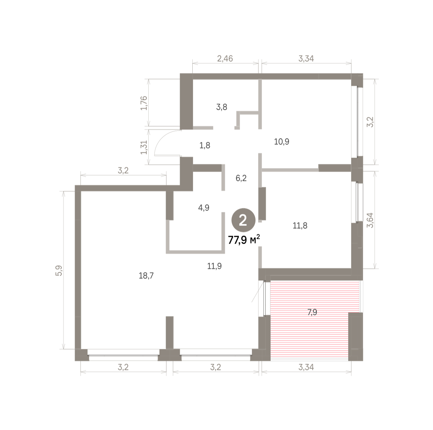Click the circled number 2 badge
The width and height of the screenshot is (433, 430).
[243, 220]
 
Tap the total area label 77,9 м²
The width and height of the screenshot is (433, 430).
[244, 240]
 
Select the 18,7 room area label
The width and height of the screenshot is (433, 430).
[146, 275]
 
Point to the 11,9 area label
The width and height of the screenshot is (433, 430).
[214, 266]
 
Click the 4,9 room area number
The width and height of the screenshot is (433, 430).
[204, 208]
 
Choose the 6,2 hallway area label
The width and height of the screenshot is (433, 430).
[241, 178]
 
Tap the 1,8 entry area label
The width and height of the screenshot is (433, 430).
[205, 146]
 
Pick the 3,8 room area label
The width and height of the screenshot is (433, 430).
[222, 107]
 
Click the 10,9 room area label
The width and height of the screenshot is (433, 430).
[281, 142]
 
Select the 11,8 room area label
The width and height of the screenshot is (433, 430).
[300, 225]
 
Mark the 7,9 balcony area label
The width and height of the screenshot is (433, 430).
[312, 312]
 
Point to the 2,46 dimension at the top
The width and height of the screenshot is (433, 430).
[225, 59]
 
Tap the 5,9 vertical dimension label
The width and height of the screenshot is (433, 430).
[59, 271]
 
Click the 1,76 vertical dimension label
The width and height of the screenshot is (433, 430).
[144, 103]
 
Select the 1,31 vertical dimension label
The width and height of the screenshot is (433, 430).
[144, 147]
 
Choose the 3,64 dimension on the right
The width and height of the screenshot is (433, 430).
[370, 220]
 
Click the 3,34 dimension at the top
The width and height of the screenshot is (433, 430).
[306, 59]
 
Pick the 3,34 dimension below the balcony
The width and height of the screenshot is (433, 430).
[306, 367]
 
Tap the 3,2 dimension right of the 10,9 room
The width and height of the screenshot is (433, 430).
[370, 122]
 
